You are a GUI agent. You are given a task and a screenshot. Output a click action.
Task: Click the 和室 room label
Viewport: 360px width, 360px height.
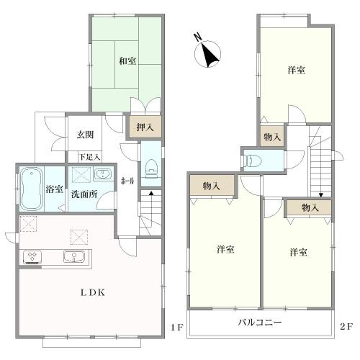(x=127, y=61)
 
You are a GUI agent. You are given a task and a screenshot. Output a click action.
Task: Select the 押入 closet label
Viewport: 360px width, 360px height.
(x=145, y=127)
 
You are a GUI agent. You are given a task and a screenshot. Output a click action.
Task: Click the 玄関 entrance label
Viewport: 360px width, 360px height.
(x=85, y=135)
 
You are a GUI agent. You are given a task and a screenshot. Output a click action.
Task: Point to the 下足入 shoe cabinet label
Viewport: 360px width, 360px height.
(x=89, y=157)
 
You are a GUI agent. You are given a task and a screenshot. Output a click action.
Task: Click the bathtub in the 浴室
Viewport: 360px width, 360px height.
(x=32, y=189)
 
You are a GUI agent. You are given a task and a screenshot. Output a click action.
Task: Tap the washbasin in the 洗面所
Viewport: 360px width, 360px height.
(x=103, y=174)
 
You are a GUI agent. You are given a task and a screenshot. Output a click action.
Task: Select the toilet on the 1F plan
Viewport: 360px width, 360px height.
(x=150, y=168)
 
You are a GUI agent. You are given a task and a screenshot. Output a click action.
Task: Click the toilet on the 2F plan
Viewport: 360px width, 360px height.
(x=252, y=160)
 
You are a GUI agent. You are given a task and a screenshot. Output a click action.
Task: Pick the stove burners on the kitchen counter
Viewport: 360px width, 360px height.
(x=32, y=256)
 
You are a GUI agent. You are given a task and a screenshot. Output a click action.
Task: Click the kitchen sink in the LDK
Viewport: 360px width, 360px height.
(x=74, y=256)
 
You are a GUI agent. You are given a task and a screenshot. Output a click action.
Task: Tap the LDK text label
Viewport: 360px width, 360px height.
(x=93, y=292)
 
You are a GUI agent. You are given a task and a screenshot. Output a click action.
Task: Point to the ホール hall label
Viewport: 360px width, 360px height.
(x=127, y=181)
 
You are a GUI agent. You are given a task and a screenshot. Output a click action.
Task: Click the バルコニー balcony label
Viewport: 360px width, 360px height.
(x=260, y=323)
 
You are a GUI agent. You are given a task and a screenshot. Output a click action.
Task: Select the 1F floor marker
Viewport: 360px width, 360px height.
(x=177, y=327)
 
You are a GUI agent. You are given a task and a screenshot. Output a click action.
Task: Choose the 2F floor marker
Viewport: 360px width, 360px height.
(x=346, y=326)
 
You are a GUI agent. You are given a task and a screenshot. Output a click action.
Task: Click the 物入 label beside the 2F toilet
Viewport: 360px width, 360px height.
(x=272, y=138)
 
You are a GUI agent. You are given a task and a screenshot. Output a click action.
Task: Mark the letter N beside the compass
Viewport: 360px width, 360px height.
(x=197, y=37)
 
